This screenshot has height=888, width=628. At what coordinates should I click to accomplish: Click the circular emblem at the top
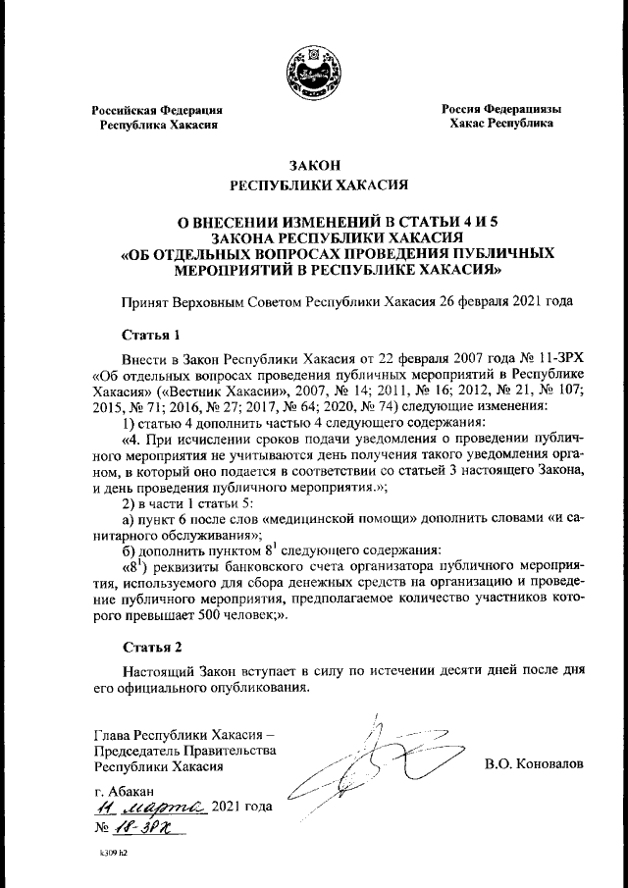tap(313, 72)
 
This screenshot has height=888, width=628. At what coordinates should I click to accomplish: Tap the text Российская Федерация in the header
tap(157, 111)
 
